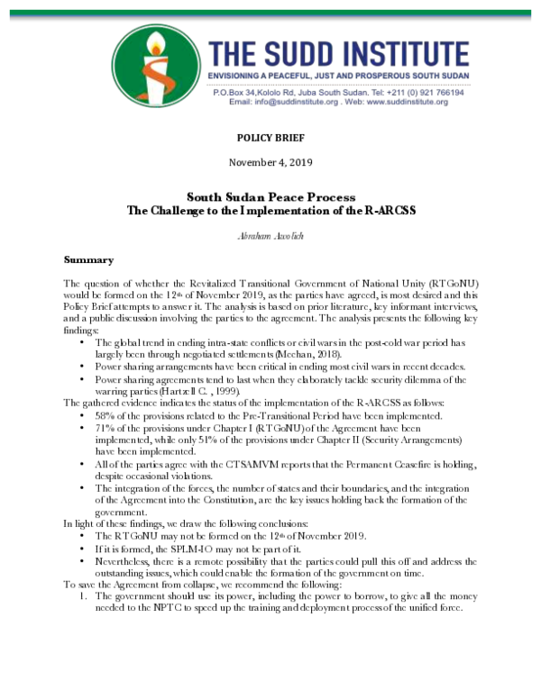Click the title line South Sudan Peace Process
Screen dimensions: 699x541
[270, 196]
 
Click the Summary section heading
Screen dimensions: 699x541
[88, 259]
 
